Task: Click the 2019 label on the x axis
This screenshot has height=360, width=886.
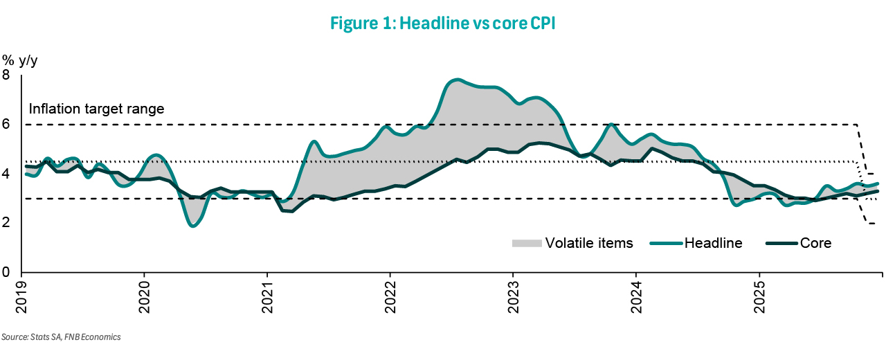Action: (21, 294)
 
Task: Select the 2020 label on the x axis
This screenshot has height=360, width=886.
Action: (145, 294)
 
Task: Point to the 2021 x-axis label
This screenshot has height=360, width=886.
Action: (268, 294)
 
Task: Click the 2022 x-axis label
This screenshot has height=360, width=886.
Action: (390, 294)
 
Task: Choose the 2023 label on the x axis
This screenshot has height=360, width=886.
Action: (514, 294)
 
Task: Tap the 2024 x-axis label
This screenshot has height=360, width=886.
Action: (637, 294)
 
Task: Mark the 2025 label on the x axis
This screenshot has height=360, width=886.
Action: (759, 294)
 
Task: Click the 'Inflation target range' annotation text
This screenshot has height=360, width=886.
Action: (96, 109)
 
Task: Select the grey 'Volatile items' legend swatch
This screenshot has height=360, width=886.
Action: (525, 243)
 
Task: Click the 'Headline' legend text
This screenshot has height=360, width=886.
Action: (713, 243)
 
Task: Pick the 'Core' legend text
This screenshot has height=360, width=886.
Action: (815, 243)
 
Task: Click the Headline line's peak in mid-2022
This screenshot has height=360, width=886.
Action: (455, 80)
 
